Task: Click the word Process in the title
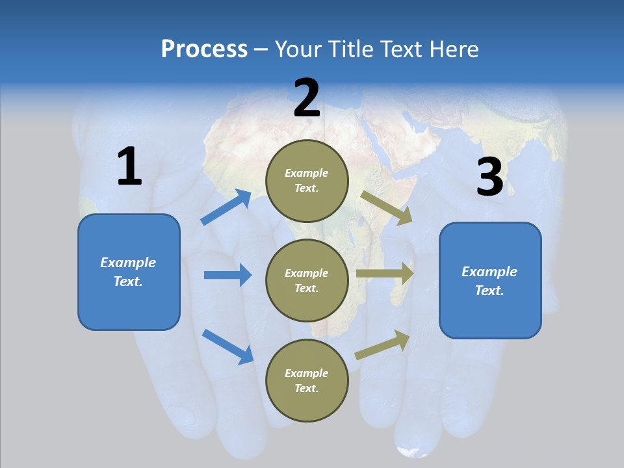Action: point(204,49)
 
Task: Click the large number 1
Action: point(129,167)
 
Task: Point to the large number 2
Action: point(307,99)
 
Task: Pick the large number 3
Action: point(489,178)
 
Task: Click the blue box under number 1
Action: point(129,272)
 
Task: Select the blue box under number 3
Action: point(490,281)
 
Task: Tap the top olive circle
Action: point(307,181)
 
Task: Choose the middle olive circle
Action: point(307,280)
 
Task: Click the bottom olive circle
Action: point(307,380)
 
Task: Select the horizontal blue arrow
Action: point(227,275)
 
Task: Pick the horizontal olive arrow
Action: point(385,274)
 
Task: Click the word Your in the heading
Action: point(298,49)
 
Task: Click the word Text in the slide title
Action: point(398,49)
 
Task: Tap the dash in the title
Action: point(261,50)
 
